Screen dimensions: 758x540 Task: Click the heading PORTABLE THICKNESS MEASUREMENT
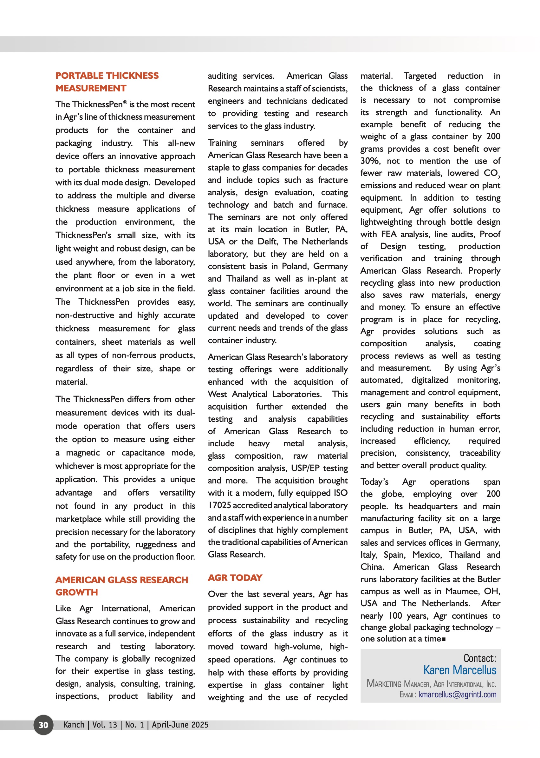pos(107,82)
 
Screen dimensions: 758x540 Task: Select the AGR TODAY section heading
pos(235,578)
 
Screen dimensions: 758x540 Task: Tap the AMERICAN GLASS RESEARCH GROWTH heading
pos(122,586)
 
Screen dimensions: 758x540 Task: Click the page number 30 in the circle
pos(43,725)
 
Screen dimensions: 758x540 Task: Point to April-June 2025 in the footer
pos(180,725)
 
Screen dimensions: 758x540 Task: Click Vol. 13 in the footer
pos(104,725)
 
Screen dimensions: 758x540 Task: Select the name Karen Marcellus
pos(459,670)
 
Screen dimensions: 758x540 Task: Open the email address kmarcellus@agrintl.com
pos(457,695)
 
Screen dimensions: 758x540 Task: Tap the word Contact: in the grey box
pos(479,658)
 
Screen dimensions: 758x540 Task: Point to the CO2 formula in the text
pos(492,173)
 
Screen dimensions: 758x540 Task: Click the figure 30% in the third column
pos(370,161)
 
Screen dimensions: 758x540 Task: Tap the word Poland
pos(294,266)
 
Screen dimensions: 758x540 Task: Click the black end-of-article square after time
pos(444,639)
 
